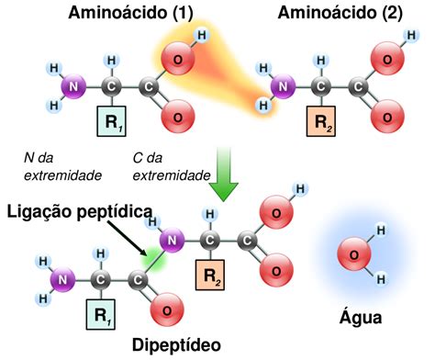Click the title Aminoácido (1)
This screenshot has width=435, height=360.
[130, 13]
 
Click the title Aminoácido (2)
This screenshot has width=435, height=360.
[340, 13]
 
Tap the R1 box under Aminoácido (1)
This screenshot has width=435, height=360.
[111, 121]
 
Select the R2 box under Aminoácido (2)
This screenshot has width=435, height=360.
[321, 121]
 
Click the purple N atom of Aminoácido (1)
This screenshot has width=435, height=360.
[73, 86]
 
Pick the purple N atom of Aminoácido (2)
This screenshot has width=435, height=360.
[283, 86]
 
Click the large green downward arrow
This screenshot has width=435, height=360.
[223, 174]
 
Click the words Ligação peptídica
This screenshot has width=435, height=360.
[80, 212]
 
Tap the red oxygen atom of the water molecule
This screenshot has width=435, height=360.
[354, 255]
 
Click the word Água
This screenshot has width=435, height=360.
[361, 318]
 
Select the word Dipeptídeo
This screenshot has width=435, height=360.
[176, 345]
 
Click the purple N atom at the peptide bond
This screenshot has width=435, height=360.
[173, 241]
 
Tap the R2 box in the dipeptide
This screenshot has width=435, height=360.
[210, 275]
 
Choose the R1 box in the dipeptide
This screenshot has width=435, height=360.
[101, 314]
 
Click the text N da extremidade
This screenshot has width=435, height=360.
[62, 167]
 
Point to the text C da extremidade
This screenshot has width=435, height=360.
[172, 167]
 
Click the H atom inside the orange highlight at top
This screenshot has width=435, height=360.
[202, 36]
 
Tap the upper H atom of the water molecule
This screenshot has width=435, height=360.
[381, 231]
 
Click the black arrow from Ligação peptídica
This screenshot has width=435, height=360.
[127, 238]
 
